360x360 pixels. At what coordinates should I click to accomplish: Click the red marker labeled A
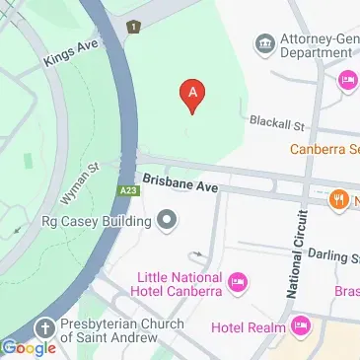192,95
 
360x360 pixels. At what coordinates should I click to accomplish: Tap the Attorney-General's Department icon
264,42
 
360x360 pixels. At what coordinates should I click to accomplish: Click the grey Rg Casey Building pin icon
168,221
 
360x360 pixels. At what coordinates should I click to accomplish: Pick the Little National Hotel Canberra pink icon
237,285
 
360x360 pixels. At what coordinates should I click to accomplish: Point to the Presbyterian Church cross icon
44,327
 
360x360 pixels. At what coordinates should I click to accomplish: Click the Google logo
30,347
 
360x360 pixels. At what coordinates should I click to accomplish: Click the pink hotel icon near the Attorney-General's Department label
346,81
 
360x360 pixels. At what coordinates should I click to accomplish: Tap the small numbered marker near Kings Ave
133,27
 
